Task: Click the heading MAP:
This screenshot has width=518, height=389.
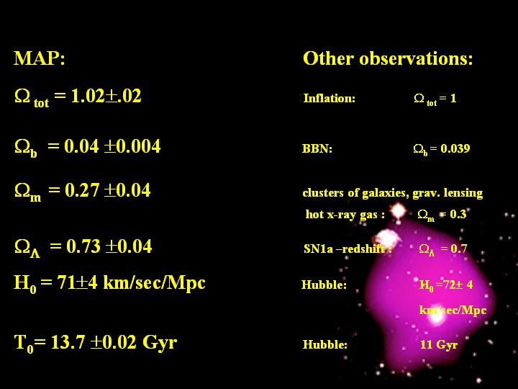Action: click(40, 58)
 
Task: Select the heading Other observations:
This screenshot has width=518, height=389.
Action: click(388, 58)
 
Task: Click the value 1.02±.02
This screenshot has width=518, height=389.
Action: click(106, 96)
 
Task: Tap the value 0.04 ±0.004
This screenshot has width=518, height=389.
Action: click(112, 146)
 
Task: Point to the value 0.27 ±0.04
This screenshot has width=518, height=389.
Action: click(108, 190)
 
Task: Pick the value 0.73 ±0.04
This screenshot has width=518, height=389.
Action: click(109, 246)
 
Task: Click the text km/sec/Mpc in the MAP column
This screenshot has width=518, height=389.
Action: click(154, 283)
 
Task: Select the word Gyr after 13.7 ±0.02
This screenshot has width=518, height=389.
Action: click(160, 343)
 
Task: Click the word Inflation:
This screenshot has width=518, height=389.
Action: click(330, 98)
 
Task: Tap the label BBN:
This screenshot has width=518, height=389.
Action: click(317, 148)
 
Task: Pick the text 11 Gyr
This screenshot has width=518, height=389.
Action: click(439, 344)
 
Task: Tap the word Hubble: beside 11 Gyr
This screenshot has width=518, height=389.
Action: click(325, 344)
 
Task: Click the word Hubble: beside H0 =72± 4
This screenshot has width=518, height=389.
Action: click(324, 285)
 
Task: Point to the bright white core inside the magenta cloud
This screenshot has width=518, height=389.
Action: click(437, 316)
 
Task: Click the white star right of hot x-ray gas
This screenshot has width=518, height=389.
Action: click(398, 210)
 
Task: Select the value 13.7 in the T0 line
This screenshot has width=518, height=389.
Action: click(68, 342)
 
